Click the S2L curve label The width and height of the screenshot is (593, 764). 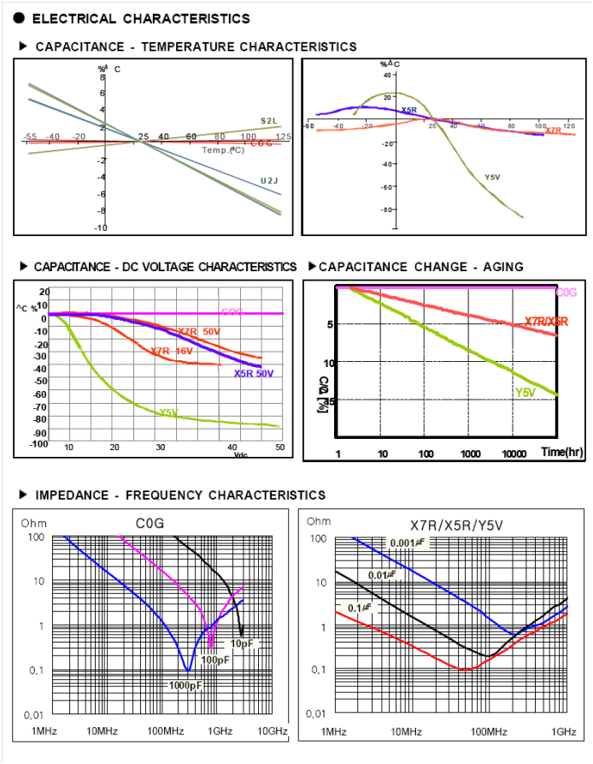point(268,121)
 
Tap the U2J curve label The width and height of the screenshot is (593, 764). point(269,181)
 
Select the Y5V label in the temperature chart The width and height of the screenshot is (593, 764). point(492,177)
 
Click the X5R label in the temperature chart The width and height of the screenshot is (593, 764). point(409,110)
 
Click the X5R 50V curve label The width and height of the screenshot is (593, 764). point(253,373)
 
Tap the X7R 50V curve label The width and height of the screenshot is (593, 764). point(198,331)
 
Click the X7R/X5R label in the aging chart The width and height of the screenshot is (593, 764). point(547,322)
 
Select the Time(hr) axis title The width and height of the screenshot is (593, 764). point(561,451)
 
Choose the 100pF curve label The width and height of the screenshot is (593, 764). point(214,660)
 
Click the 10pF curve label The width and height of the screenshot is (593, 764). point(243,643)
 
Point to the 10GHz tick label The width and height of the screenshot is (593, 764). point(273,731)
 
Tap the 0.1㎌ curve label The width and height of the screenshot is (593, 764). point(358,607)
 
